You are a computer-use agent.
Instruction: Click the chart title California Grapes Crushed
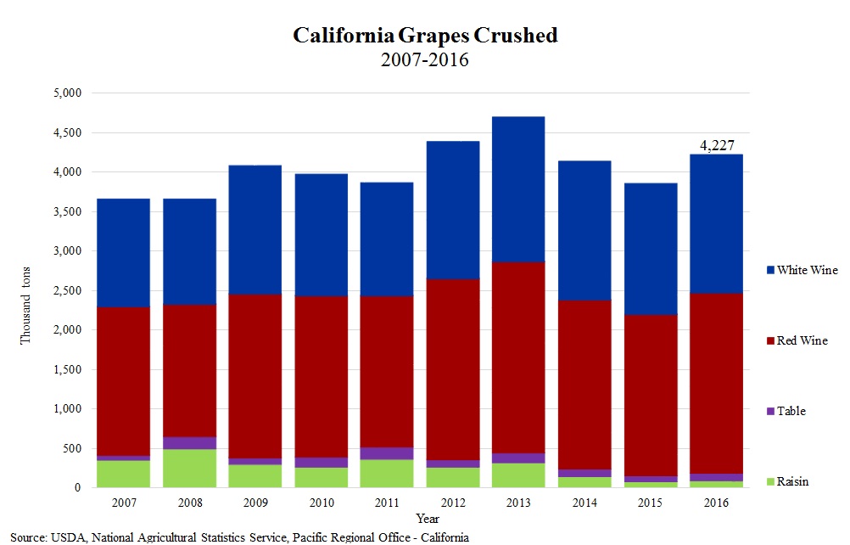click(x=425, y=36)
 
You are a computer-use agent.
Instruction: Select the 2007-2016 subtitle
click(x=425, y=60)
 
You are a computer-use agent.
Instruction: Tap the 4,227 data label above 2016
click(x=717, y=145)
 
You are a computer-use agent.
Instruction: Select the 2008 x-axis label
click(x=189, y=502)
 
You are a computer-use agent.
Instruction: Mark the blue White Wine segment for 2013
click(x=517, y=188)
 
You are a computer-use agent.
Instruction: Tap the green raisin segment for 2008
click(x=189, y=469)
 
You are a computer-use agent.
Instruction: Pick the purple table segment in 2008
click(x=189, y=443)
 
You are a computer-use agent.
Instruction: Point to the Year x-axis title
click(x=428, y=517)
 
